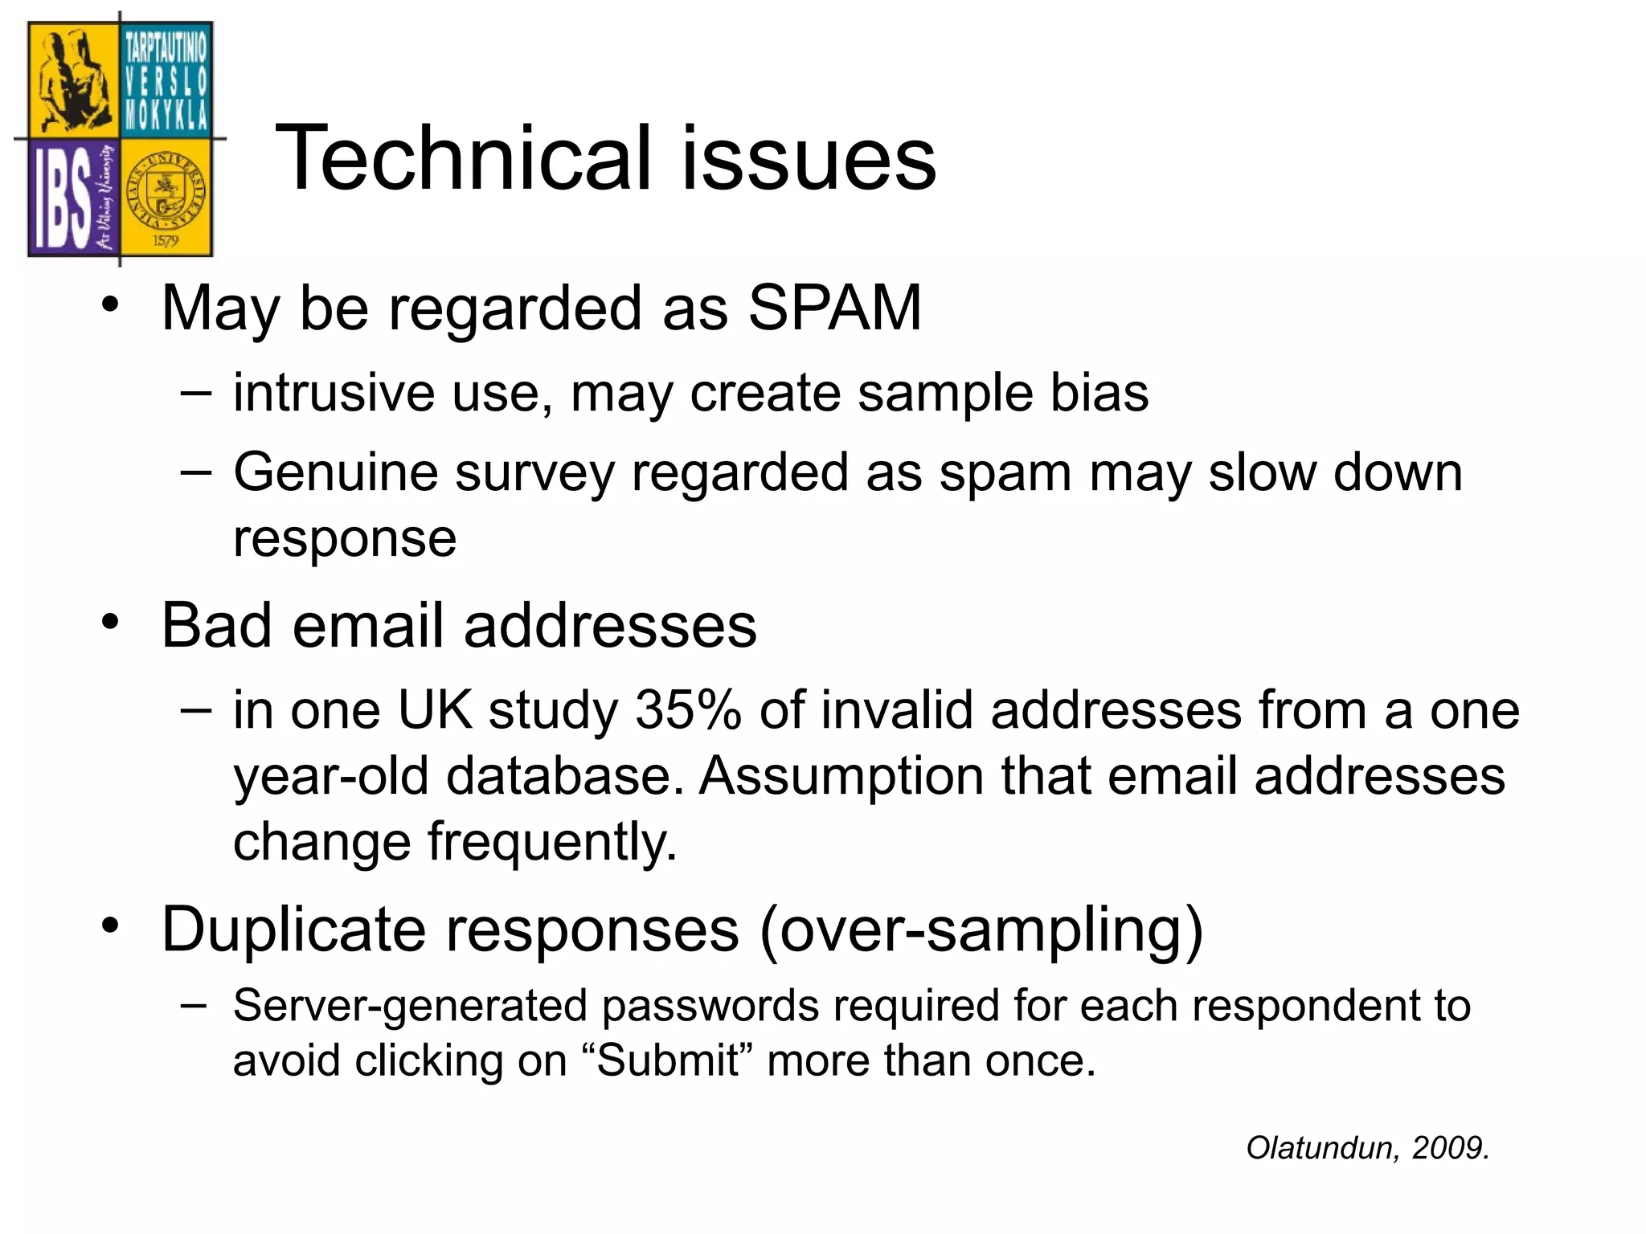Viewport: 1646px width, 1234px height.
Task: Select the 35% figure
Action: pos(688,710)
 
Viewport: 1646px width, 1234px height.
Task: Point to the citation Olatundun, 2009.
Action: pos(1368,1147)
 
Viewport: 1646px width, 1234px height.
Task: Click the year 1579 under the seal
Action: pos(166,241)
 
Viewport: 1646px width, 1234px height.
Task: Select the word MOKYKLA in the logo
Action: pos(166,117)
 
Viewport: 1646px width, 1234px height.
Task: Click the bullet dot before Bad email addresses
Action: pos(111,622)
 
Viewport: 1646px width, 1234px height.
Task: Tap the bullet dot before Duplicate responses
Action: pos(111,925)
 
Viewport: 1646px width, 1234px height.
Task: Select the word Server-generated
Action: pos(410,1006)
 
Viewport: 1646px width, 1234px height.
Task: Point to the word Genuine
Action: pos(336,472)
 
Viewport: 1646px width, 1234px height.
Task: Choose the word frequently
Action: pos(552,843)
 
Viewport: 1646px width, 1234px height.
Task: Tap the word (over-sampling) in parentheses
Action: pos(981,930)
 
